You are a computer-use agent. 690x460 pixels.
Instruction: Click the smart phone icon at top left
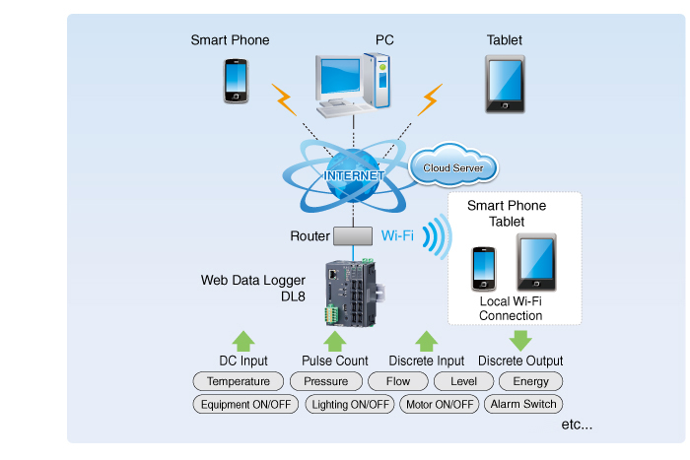click(x=236, y=83)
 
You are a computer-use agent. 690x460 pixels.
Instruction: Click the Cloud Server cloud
click(x=453, y=167)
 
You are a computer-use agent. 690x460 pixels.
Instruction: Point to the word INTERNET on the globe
click(x=354, y=175)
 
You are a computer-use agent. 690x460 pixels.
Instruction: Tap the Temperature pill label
click(x=239, y=381)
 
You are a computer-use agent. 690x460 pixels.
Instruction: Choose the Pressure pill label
click(x=326, y=381)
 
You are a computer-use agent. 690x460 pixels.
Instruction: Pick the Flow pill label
click(x=398, y=381)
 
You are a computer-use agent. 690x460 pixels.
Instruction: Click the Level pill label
click(x=463, y=381)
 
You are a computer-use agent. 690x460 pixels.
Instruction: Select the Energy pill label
click(x=531, y=381)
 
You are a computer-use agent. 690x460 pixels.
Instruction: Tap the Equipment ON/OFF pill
click(x=245, y=404)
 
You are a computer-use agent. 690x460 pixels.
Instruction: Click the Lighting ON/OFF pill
click(x=351, y=404)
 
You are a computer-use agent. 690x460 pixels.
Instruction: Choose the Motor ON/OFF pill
click(x=440, y=404)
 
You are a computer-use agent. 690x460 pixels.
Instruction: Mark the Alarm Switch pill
click(x=522, y=404)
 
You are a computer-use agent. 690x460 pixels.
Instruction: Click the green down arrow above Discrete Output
click(x=520, y=341)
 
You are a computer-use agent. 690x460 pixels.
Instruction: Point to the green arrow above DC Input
click(x=243, y=341)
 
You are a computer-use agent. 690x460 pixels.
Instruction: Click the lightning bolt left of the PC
click(x=284, y=99)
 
